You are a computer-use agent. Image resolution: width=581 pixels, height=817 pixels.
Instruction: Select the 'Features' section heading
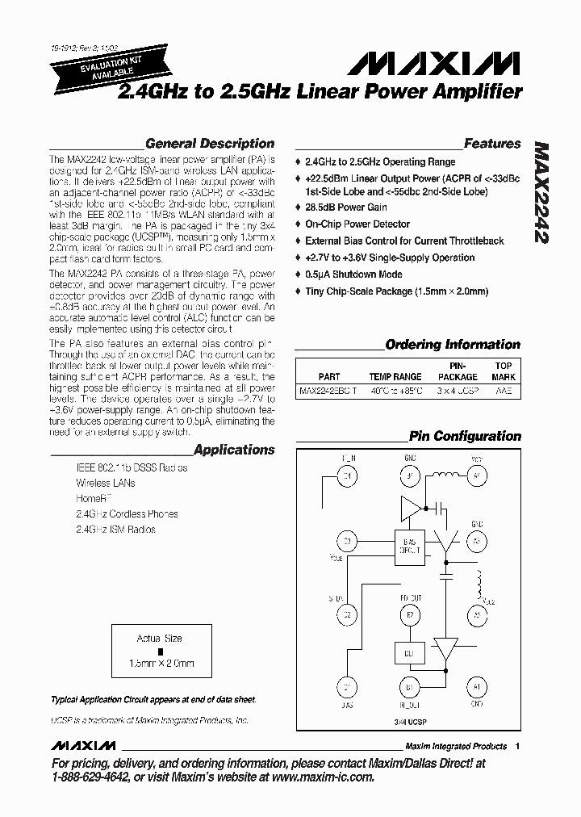click(x=492, y=144)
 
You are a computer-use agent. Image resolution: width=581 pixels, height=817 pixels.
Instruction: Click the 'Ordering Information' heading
click(x=453, y=345)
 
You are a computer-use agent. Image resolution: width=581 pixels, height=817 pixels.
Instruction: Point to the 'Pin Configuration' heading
click(x=465, y=436)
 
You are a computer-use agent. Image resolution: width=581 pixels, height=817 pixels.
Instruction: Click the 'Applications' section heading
click(x=234, y=450)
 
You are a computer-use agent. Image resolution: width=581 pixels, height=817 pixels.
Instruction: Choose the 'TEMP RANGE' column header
click(x=395, y=377)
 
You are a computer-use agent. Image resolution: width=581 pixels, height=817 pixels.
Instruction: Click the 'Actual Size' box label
click(x=160, y=638)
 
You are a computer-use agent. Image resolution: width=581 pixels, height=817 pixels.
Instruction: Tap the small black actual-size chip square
click(x=160, y=651)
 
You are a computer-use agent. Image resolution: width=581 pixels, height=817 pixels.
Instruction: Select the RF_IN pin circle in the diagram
click(x=348, y=476)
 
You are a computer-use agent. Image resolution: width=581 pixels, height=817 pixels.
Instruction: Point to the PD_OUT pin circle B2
click(x=409, y=614)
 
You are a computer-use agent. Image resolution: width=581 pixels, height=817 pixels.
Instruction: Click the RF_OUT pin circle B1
click(x=409, y=687)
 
